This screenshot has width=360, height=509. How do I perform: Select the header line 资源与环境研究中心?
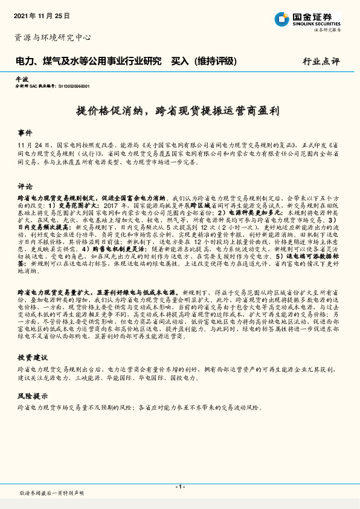(53, 37)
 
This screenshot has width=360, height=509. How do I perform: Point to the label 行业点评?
(321, 62)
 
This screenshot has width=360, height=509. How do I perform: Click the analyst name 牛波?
(22, 79)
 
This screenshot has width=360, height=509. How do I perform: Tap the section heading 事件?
(25, 132)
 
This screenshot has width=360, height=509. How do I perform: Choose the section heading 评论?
(25, 186)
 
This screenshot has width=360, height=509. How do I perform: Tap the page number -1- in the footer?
(179, 487)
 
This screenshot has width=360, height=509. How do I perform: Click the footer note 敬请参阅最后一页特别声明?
(51, 493)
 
